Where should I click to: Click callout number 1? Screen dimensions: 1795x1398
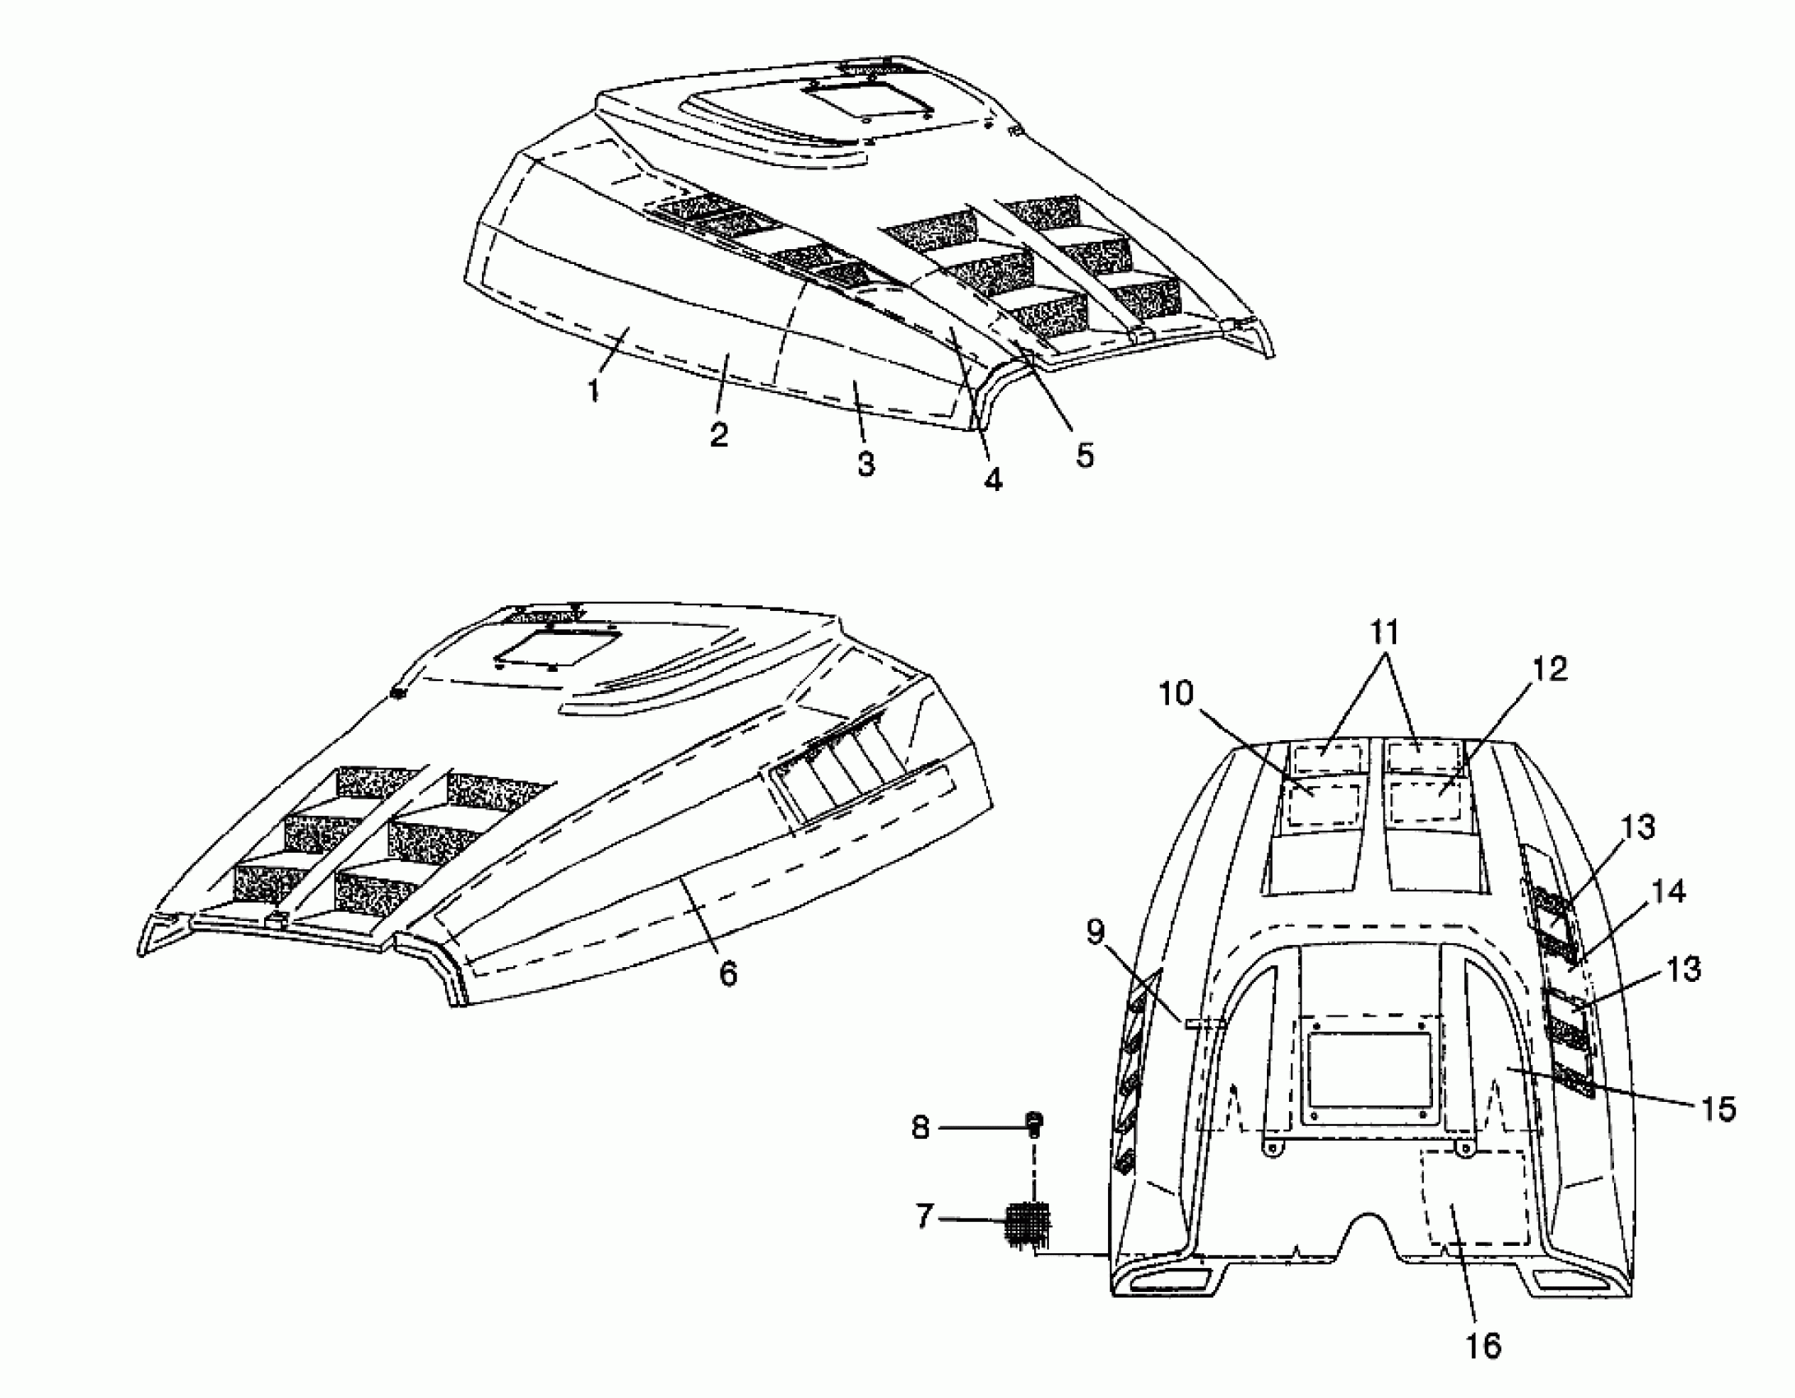[593, 390]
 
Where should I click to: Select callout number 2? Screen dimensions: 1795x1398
[719, 434]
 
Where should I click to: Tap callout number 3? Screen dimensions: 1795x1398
[865, 463]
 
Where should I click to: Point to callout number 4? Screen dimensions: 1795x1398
[994, 479]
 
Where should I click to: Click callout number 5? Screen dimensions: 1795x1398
[1085, 454]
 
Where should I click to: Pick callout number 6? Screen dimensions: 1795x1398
[728, 974]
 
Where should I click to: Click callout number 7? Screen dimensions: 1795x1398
[925, 1215]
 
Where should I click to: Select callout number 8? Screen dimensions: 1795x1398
[921, 1127]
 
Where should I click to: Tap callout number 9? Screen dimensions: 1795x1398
[1094, 933]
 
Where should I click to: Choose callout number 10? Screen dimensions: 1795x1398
[1176, 693]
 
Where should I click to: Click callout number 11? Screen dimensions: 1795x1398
[1385, 632]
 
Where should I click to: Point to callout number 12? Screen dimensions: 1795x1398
[1550, 669]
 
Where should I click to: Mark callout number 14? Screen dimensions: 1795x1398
[1668, 891]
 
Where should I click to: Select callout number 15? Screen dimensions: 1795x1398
[1718, 1109]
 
